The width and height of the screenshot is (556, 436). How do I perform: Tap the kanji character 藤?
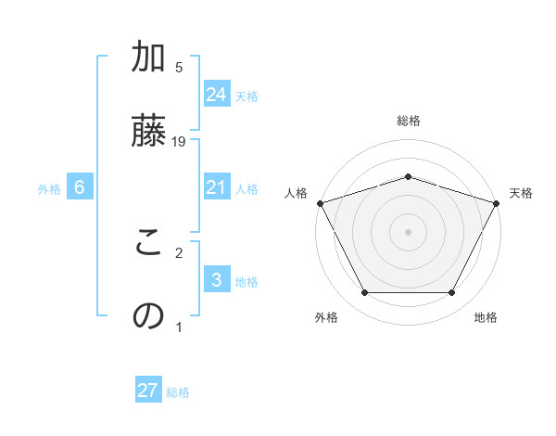pos(147,131)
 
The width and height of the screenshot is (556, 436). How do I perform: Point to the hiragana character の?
pos(147,316)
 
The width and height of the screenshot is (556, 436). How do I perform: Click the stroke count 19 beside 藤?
pos(180,141)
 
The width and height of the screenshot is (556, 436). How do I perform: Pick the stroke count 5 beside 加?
pos(179,68)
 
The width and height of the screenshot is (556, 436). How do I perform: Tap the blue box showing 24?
pos(217,94)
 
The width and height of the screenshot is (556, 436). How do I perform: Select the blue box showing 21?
pos(217,187)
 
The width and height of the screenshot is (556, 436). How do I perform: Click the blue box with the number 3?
pos(217,280)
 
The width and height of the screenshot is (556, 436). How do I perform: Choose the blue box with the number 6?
pos(80,187)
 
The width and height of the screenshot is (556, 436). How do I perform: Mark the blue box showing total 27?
pos(148,391)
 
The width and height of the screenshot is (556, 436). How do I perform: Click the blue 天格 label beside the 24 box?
pos(246,96)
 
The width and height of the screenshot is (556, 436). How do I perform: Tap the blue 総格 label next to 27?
pos(178,392)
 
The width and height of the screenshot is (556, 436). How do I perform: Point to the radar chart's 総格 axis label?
pos(408,121)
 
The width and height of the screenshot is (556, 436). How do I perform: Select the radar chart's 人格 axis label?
pos(296,193)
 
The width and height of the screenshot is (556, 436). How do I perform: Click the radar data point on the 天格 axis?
pos(497,202)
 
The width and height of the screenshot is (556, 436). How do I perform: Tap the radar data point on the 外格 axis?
pos(364,293)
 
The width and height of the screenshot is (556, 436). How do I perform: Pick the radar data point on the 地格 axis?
pos(451,293)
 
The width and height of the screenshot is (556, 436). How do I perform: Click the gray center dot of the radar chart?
pos(408,231)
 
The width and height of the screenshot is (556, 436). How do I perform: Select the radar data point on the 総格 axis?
pos(408,176)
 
